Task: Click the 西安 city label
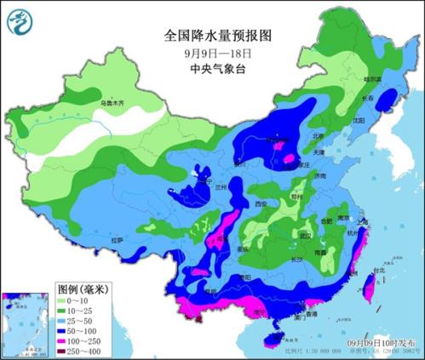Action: click(x=261, y=204)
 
